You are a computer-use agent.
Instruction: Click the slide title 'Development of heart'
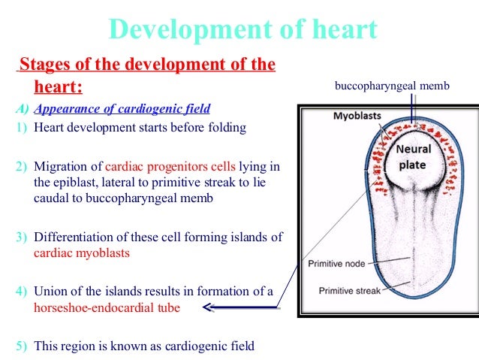243,29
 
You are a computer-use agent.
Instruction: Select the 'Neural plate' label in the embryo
412,156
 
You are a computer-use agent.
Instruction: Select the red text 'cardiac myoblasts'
82,253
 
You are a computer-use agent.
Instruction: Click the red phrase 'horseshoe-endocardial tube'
107,307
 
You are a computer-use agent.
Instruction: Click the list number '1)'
22,127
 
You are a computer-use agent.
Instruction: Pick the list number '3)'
22,237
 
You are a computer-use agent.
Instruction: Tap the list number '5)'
22,346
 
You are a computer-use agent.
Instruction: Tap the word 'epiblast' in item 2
77,181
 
